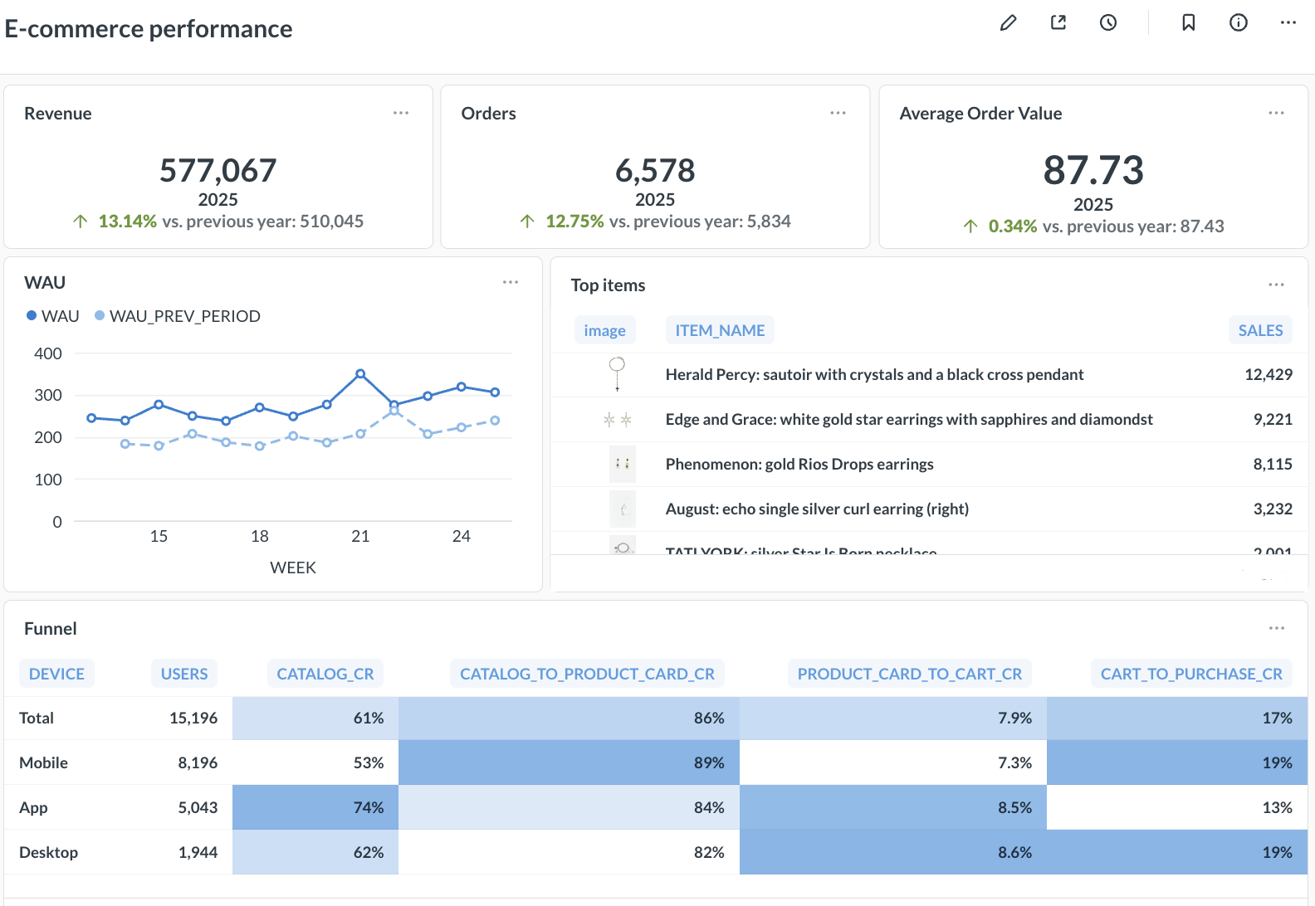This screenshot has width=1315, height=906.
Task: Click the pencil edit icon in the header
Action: (1008, 23)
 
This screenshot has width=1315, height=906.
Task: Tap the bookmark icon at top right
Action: (1188, 23)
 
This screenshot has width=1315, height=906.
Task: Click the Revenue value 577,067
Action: (218, 171)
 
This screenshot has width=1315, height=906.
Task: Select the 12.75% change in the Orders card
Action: (574, 222)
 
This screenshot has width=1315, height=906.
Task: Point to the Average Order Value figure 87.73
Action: (1093, 171)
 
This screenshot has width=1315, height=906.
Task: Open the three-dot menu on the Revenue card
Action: (401, 113)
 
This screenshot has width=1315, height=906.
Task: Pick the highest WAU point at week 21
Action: (360, 374)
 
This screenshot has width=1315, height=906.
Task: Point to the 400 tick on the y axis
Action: (48, 353)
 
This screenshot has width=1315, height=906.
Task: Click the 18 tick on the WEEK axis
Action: (260, 536)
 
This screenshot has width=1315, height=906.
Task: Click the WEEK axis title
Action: (293, 567)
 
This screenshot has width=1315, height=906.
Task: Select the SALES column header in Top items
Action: (1259, 330)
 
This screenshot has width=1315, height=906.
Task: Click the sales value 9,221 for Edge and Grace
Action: (1272, 419)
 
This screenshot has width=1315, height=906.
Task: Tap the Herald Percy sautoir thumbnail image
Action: (617, 373)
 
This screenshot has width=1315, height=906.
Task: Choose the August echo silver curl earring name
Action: (817, 509)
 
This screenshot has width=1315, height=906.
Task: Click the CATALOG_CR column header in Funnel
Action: (325, 674)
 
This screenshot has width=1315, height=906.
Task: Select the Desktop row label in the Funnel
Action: (48, 852)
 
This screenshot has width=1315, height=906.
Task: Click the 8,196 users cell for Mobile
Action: (198, 762)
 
